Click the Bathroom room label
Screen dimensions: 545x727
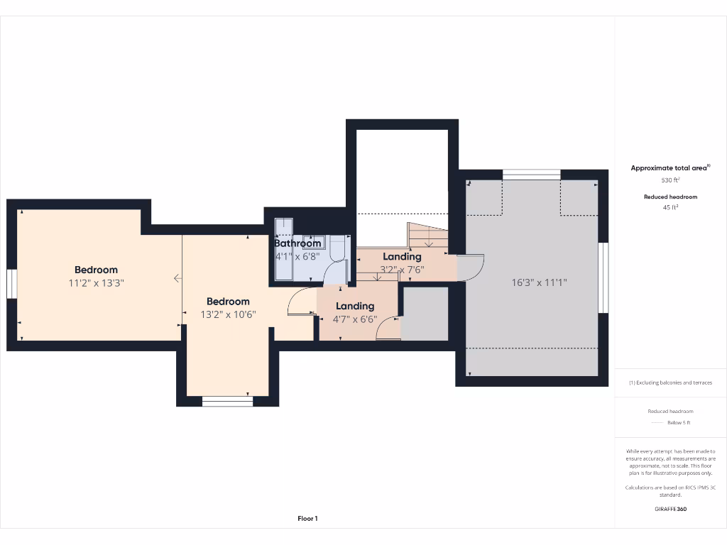click(298, 243)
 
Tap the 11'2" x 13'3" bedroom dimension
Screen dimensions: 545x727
click(96, 283)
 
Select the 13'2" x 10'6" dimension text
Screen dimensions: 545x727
click(228, 314)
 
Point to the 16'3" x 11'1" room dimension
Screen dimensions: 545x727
click(540, 282)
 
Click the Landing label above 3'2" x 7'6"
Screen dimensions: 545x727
click(402, 256)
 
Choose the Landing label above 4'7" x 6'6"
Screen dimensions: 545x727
click(355, 306)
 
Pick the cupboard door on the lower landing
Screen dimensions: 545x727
click(389, 329)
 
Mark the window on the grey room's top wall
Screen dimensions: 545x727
click(531, 174)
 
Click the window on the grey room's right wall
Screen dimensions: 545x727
click(603, 277)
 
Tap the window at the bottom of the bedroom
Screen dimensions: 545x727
click(227, 401)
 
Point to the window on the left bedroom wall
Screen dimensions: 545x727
click(11, 283)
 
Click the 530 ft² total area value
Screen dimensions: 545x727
click(670, 180)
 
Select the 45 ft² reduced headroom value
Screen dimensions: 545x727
click(670, 207)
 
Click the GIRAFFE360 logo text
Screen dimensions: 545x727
click(670, 509)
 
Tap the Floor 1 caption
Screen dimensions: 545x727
click(307, 519)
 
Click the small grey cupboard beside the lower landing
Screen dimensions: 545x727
click(425, 312)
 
